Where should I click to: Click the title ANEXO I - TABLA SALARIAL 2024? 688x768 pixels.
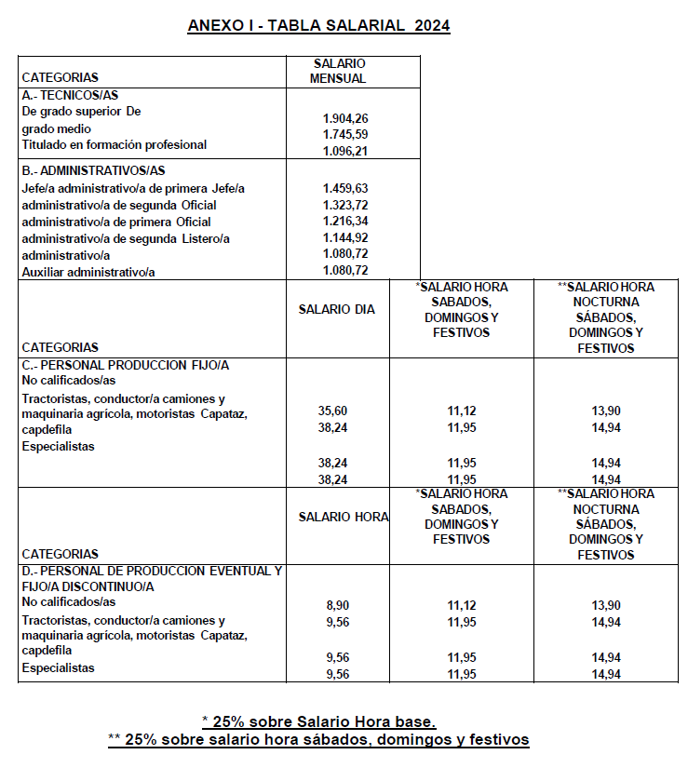tap(318, 26)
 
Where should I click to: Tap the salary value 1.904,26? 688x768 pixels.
tap(345, 118)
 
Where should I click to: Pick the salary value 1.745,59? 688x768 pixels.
tap(345, 134)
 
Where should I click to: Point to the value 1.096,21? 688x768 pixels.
tap(345, 150)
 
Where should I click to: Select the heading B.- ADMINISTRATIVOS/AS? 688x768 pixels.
tap(93, 170)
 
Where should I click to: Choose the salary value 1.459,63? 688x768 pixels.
tap(345, 188)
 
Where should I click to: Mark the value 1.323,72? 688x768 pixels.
tap(345, 205)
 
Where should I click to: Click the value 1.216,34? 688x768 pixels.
tap(345, 222)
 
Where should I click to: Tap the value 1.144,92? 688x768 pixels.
tap(345, 238)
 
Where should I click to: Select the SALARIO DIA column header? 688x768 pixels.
tap(337, 309)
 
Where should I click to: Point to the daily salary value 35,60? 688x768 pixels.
tap(332, 410)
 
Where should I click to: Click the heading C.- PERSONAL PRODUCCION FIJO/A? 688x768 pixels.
tap(125, 366)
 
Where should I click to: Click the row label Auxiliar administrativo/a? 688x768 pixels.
tap(87, 271)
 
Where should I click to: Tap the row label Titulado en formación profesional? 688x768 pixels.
tap(114, 144)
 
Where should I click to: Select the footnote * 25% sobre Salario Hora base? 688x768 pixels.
tap(318, 721)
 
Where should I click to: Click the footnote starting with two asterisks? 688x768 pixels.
tap(318, 740)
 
